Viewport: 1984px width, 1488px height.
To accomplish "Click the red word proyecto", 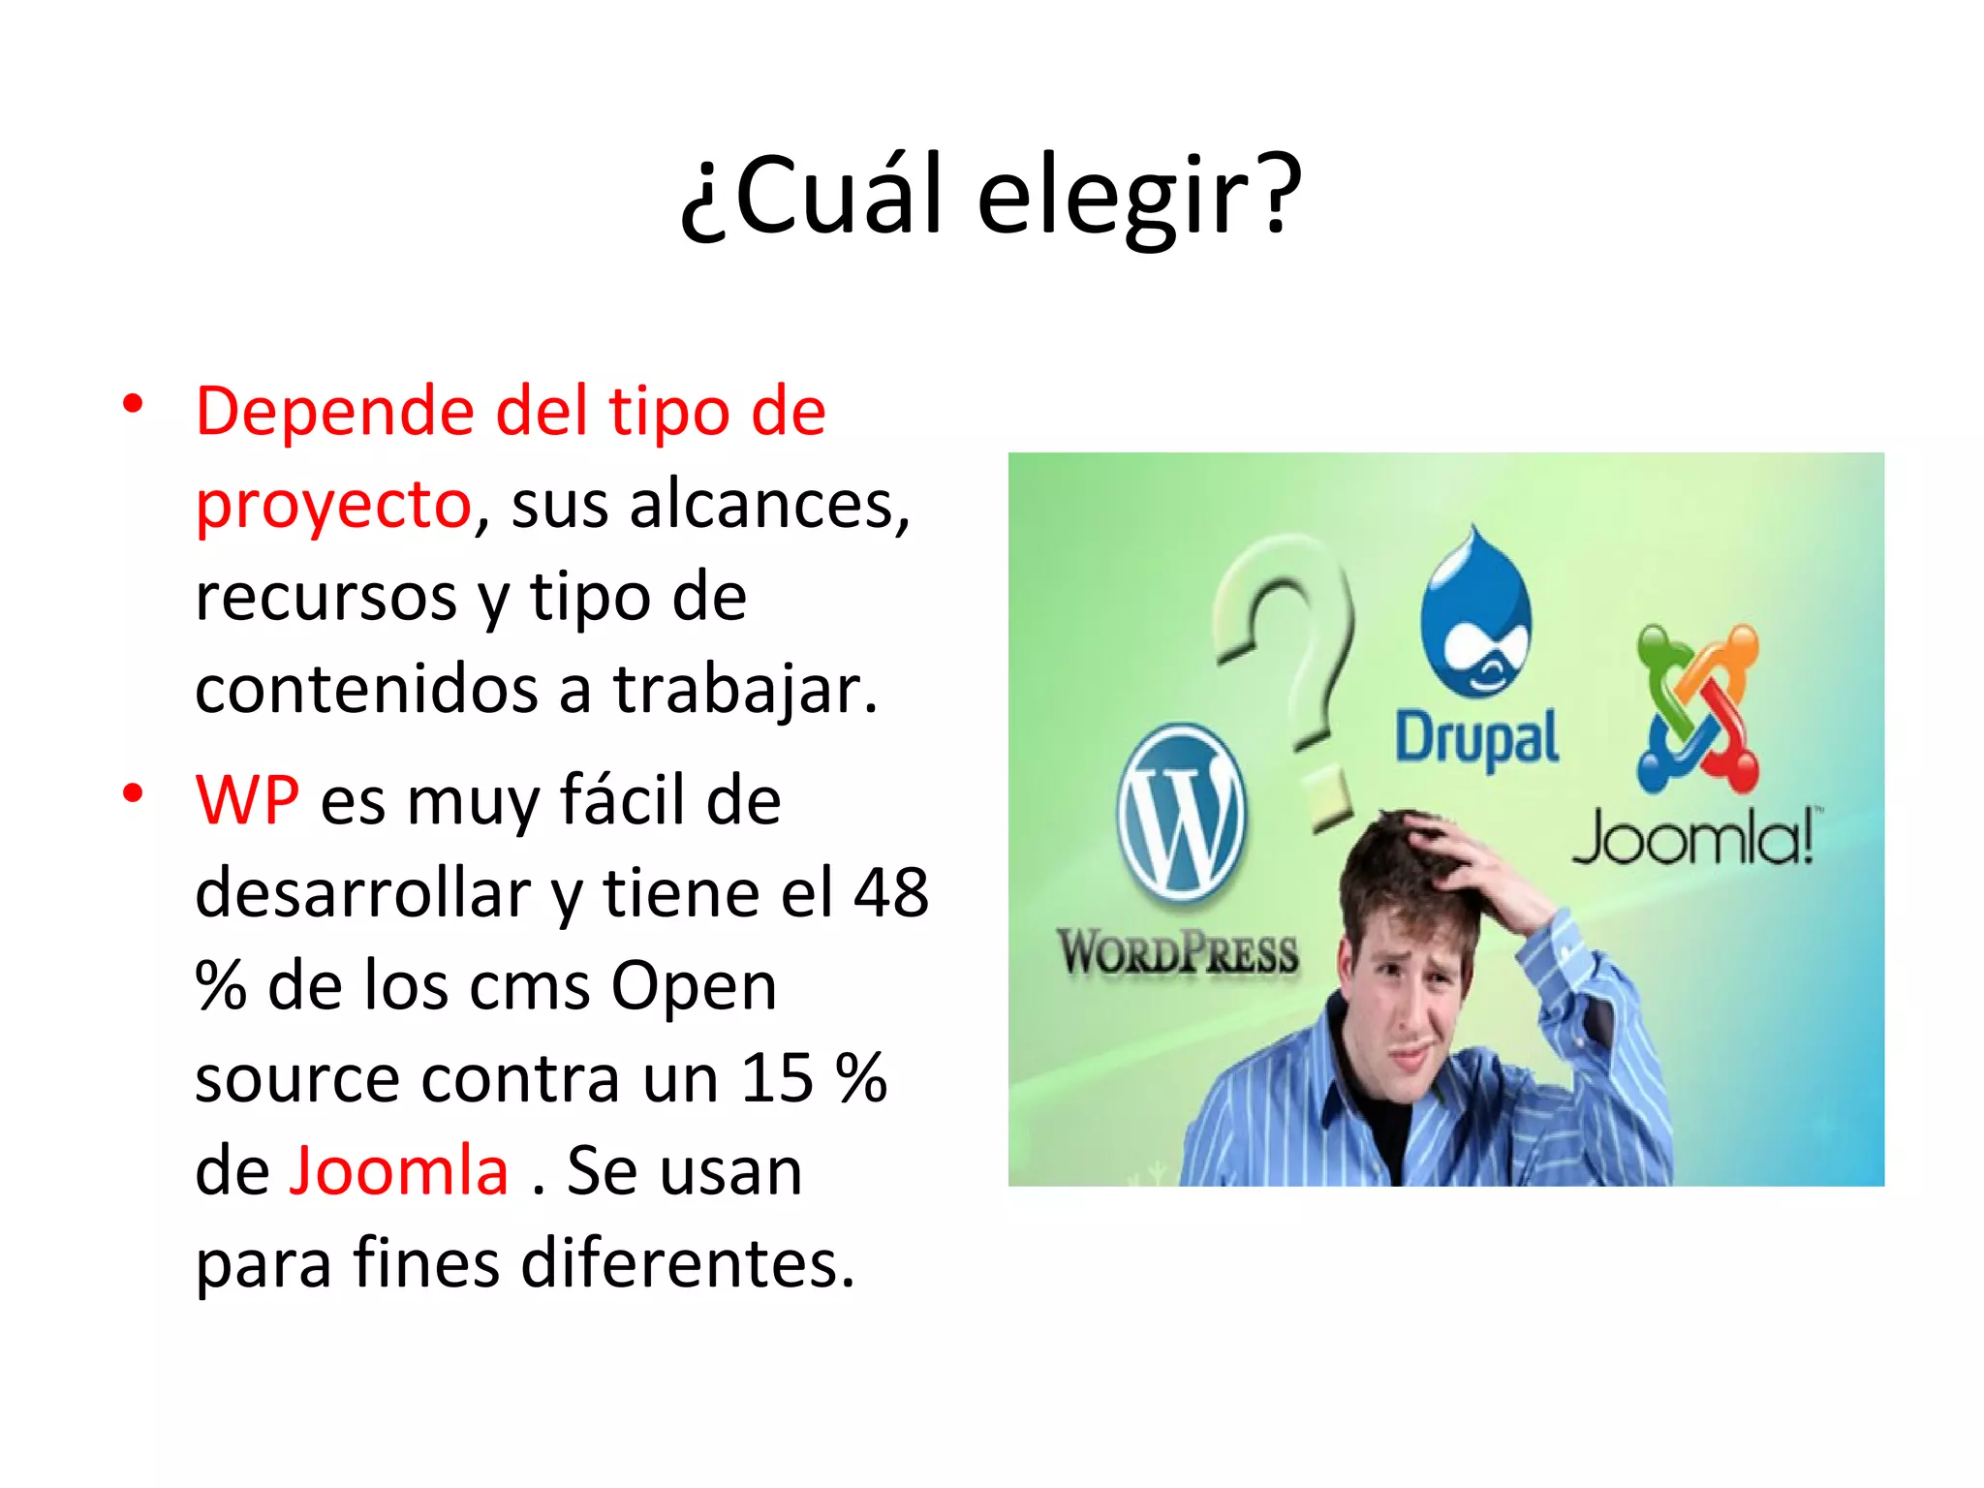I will (x=333, y=506).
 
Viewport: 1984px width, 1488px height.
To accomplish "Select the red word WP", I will (x=247, y=801).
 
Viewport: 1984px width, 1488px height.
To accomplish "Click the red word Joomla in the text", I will (x=400, y=1171).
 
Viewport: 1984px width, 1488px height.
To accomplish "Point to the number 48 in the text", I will (x=890, y=893).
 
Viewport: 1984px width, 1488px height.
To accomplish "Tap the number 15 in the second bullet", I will (x=777, y=1078).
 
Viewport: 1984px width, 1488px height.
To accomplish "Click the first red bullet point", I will (x=133, y=403).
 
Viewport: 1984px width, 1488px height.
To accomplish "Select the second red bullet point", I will (x=133, y=793).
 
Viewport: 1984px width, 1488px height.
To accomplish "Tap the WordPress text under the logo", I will (x=1177, y=952).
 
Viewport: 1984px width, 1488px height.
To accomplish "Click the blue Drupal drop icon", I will (x=1476, y=615).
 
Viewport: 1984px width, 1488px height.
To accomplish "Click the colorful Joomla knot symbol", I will (x=1697, y=707).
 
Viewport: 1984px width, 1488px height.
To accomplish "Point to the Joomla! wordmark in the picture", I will (x=1693, y=838).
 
